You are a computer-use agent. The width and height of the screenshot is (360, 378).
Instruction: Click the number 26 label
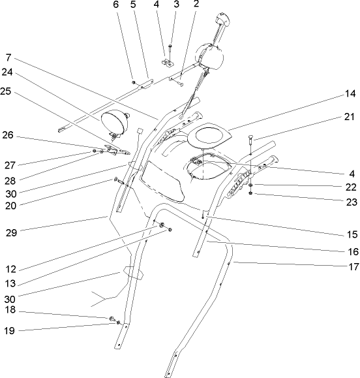(8, 136)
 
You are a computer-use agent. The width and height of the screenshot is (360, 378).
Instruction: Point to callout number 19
(8, 331)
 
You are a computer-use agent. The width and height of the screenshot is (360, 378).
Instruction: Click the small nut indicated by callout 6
(134, 82)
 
